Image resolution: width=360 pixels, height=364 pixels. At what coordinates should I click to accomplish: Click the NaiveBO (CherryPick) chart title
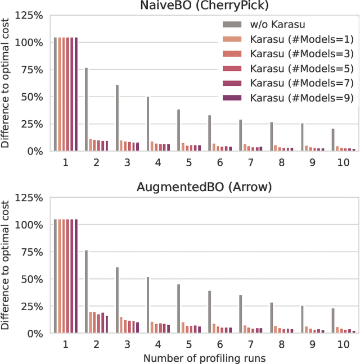(x=204, y=6)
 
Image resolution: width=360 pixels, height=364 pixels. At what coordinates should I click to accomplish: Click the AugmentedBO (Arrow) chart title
(x=204, y=188)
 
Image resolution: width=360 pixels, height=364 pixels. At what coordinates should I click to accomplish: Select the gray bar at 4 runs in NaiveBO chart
(x=148, y=124)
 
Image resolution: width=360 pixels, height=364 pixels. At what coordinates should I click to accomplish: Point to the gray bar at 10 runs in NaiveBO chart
(x=333, y=140)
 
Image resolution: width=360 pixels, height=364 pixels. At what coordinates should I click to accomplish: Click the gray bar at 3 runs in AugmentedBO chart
(x=118, y=300)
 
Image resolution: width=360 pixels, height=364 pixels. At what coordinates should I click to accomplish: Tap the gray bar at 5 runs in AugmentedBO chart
(x=179, y=308)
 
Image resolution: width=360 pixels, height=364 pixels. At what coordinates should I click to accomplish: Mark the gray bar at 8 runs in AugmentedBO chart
(x=271, y=317)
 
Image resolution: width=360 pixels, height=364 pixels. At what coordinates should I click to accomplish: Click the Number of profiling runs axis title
(x=204, y=357)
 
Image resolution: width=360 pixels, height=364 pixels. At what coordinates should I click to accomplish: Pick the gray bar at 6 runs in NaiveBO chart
(x=210, y=133)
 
